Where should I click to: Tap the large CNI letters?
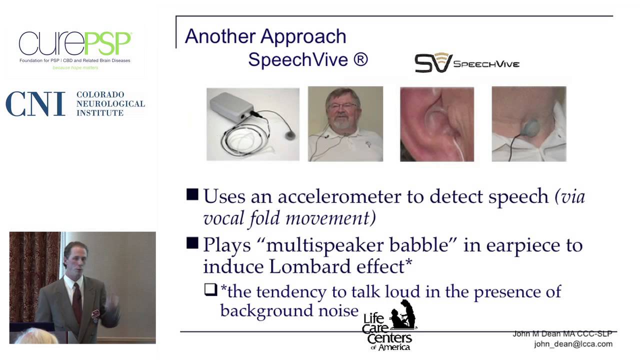(35, 103)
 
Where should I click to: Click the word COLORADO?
(100, 94)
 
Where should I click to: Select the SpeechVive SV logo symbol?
(433, 62)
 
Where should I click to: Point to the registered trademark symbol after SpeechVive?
(360, 59)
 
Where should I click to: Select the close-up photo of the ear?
(436, 123)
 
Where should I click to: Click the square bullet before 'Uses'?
(192, 195)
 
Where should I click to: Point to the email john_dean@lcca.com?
(573, 344)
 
